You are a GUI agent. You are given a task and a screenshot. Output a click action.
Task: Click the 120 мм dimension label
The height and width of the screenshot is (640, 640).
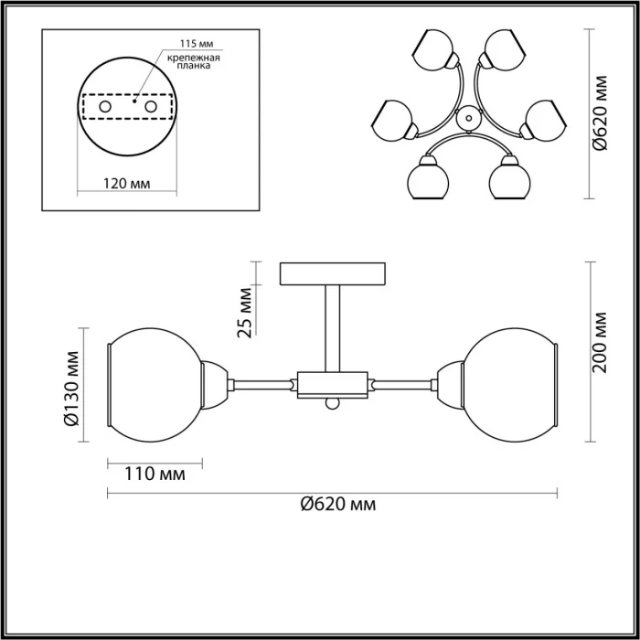coord(126,183)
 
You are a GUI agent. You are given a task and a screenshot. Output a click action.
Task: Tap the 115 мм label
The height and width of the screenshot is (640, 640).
coord(187,44)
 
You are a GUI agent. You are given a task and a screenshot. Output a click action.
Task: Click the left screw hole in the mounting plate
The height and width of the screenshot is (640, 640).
coord(106,108)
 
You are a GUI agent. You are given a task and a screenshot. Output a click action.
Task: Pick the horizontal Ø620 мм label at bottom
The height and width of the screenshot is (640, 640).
coord(338,504)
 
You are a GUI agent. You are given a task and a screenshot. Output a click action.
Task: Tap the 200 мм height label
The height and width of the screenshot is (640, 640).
coord(600,343)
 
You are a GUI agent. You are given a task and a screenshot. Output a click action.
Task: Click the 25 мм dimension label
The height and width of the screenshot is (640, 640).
coord(244,315)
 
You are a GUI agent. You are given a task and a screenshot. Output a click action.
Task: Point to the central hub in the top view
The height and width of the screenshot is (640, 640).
coord(467,116)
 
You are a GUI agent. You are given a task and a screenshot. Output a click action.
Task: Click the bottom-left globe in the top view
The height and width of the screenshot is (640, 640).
coord(425,179)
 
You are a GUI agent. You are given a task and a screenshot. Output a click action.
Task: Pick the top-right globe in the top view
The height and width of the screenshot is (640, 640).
coord(501,50)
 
